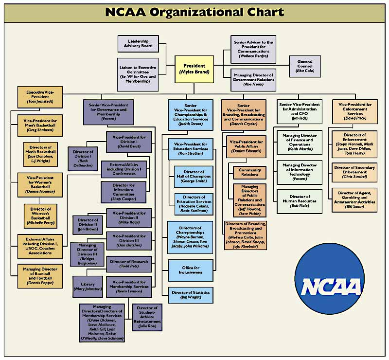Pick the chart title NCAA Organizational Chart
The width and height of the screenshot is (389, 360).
coord(194,12)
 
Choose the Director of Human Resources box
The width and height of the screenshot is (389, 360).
coord(300,199)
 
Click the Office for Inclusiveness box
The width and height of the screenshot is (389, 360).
coord(191,270)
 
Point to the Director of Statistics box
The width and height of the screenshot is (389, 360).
coord(191,294)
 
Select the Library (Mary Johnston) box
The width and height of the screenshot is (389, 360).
coord(88,287)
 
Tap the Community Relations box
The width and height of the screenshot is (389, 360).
coord(249,172)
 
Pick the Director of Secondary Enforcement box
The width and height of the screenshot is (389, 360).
coord(354,173)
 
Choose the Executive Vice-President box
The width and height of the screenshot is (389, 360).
coord(40,97)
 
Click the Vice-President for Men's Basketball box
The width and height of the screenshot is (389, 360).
coord(40,126)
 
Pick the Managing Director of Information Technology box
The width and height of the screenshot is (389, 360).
coord(300,172)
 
